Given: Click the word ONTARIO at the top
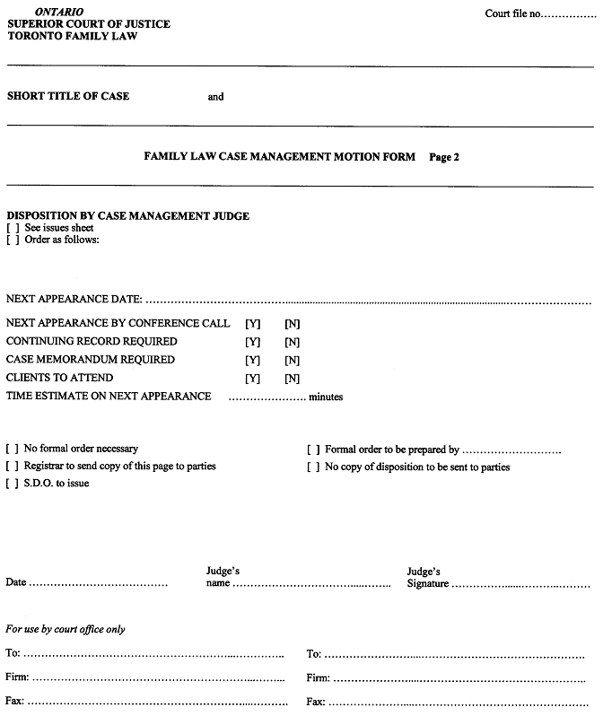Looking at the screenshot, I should pyautogui.click(x=59, y=11).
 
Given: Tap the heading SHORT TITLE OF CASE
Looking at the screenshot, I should pyautogui.click(x=68, y=96).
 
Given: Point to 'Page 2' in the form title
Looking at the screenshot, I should pyautogui.click(x=444, y=157).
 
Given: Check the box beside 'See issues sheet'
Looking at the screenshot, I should pyautogui.click(x=13, y=228).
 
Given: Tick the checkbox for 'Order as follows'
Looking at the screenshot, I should pyautogui.click(x=13, y=240).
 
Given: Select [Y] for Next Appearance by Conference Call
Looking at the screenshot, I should pyautogui.click(x=252, y=324).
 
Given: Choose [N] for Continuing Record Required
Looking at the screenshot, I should pyautogui.click(x=292, y=342).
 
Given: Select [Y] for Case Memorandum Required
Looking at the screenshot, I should pyautogui.click(x=252, y=360).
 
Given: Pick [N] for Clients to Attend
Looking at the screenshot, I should pyautogui.click(x=292, y=378).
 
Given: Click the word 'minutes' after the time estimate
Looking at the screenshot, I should pyautogui.click(x=326, y=397).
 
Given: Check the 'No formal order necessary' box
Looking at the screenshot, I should pyautogui.click(x=13, y=449).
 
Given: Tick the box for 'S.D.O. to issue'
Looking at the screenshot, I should pyautogui.click(x=13, y=484).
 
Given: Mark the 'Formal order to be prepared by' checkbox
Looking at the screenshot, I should pyautogui.click(x=314, y=450).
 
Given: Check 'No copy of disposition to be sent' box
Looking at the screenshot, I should pyautogui.click(x=314, y=467).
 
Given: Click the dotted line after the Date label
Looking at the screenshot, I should pyautogui.click(x=99, y=584).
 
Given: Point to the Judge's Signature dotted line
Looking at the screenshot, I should pyautogui.click(x=520, y=585).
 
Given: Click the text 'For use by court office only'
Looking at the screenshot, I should pyautogui.click(x=66, y=630).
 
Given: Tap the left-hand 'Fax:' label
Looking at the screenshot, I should pyautogui.click(x=15, y=701).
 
